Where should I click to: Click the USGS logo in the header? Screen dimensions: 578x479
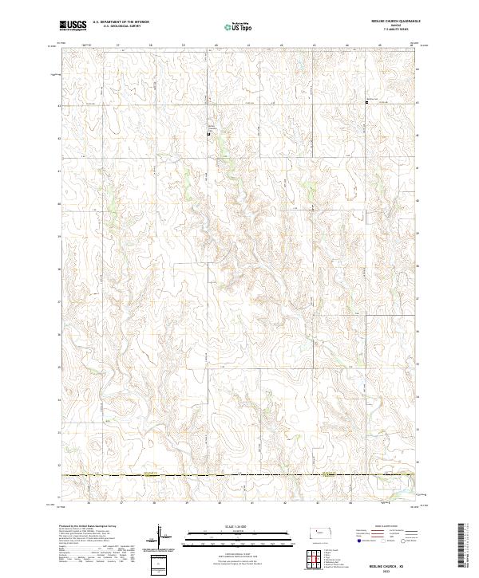click(x=73, y=26)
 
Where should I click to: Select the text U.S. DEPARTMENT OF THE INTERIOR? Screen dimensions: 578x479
click(x=121, y=22)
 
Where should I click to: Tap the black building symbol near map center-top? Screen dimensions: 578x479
click(x=210, y=134)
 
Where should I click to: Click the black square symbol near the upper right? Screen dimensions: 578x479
click(x=366, y=101)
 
